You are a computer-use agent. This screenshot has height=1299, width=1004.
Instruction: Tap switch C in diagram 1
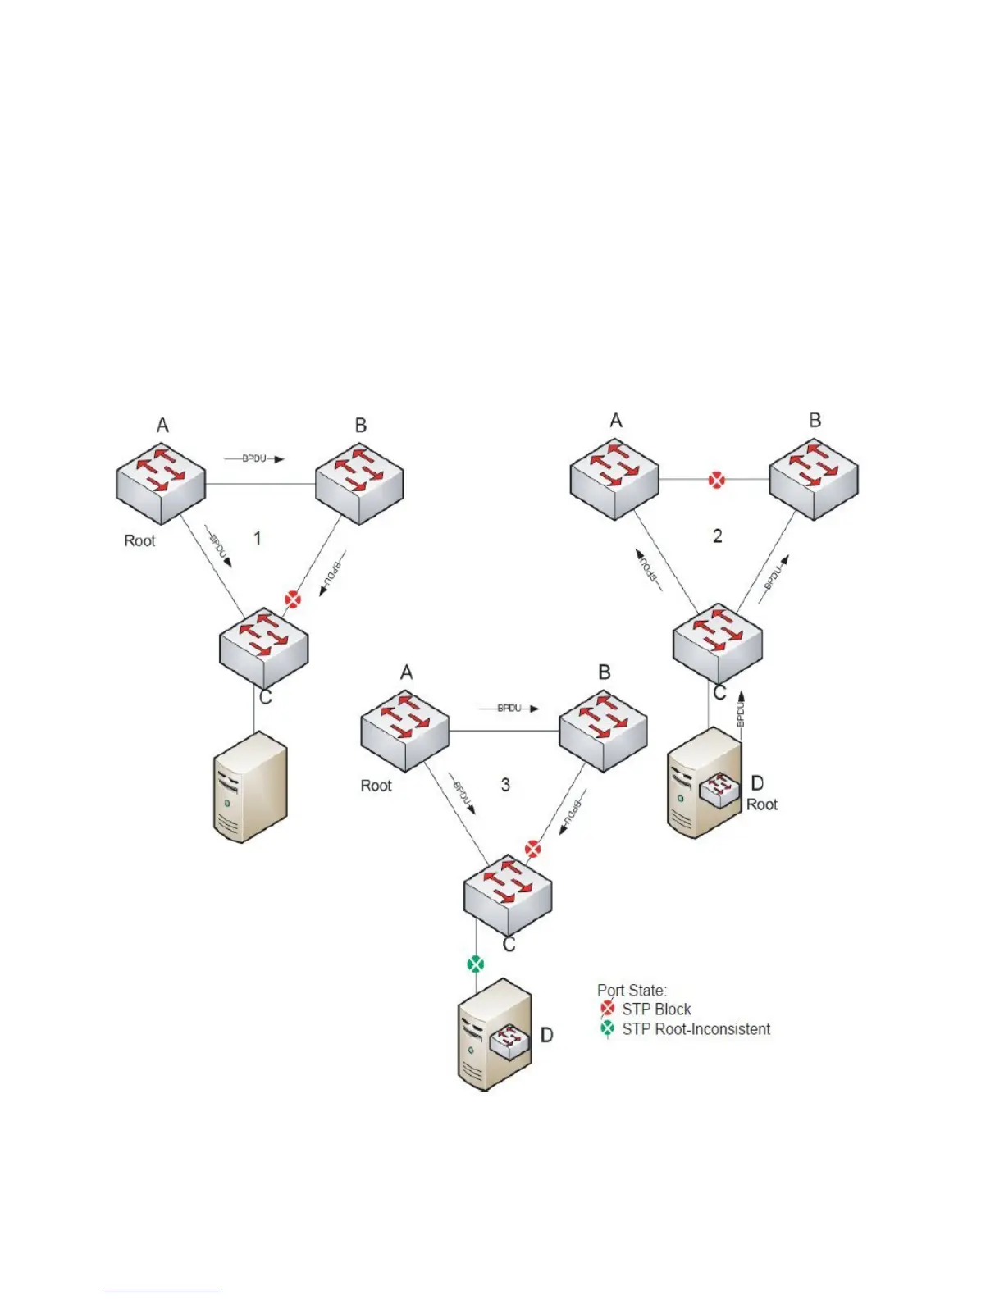263,648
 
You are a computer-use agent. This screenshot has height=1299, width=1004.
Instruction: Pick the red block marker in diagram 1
293,599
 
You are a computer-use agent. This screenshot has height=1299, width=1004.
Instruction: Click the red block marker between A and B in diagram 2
717,480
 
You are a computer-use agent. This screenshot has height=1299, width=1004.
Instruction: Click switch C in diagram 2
718,643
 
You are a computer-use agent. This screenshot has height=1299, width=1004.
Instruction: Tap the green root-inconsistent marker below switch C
476,964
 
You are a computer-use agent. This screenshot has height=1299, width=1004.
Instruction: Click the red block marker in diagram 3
533,849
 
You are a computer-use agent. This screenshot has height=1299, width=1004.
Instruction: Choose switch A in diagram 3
405,731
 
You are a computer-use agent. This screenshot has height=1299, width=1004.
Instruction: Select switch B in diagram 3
603,731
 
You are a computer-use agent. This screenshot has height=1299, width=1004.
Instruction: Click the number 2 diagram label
718,536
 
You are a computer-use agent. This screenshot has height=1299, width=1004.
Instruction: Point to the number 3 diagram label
505,785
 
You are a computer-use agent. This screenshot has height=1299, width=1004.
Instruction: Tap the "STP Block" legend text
656,1010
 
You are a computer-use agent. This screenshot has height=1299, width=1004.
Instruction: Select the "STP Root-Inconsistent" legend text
696,1029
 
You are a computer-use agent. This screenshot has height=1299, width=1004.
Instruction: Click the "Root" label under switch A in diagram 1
139,540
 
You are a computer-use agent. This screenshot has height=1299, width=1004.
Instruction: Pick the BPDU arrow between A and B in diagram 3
509,708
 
